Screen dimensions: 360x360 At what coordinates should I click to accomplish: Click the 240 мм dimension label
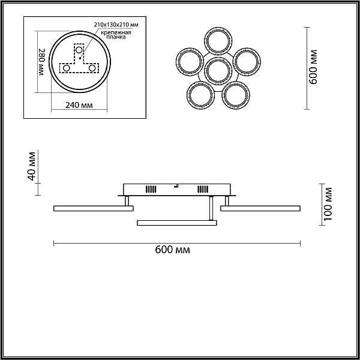(x=79, y=106)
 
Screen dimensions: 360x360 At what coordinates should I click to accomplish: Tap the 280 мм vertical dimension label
(x=41, y=62)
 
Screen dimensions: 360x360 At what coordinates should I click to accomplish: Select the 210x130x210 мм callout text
(x=116, y=25)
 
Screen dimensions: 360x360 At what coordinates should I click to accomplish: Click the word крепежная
(x=116, y=32)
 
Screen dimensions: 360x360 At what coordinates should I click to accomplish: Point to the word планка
(x=116, y=37)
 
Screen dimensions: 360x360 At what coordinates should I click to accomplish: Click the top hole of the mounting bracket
(x=79, y=50)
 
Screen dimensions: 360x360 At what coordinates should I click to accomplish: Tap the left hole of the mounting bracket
(x=67, y=68)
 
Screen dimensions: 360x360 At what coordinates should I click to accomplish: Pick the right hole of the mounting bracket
(x=92, y=68)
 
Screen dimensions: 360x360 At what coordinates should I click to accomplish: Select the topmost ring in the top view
(x=218, y=28)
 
